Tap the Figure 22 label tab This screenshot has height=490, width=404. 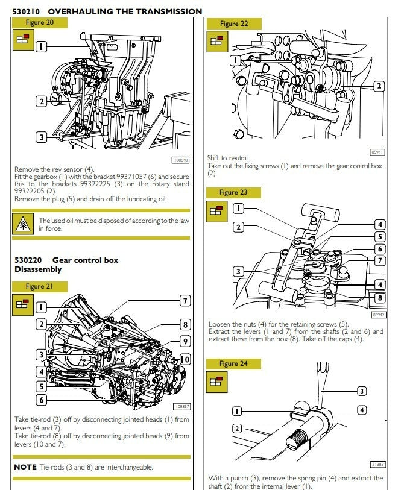pos(234,24)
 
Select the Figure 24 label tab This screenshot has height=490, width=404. pos(233,363)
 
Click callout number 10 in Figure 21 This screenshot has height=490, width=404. pos(185,359)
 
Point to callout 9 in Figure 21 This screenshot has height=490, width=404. pos(185,342)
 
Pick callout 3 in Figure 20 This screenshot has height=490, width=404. pos(41,137)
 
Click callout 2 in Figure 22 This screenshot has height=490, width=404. pos(379,86)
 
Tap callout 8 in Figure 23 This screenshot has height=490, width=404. pos(379,297)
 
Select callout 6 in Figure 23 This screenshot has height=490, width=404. pos(379,249)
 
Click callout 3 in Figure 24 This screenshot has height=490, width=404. pos(361,391)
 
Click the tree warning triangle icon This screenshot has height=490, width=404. pos(24,224)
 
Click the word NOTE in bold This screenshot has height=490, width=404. pos(25,466)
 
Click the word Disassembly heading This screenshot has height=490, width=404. pos(38,269)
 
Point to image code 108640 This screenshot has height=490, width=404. pos(181,160)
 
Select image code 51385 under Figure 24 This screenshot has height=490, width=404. pos(378,464)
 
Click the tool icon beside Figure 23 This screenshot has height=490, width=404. pos(215,210)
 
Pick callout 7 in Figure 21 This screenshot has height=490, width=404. pos(185,300)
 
